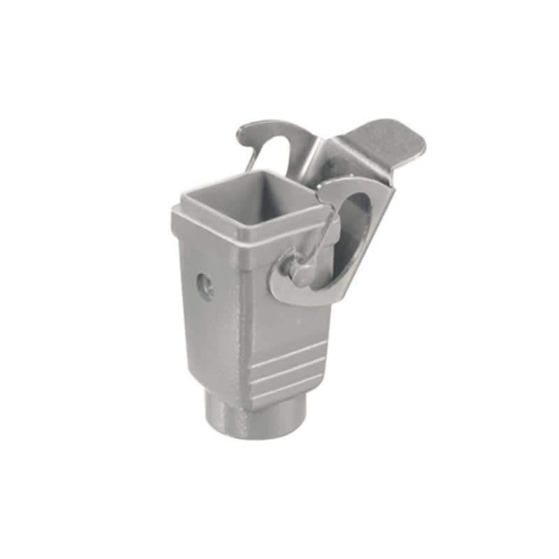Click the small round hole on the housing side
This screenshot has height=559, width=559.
click(205, 286)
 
